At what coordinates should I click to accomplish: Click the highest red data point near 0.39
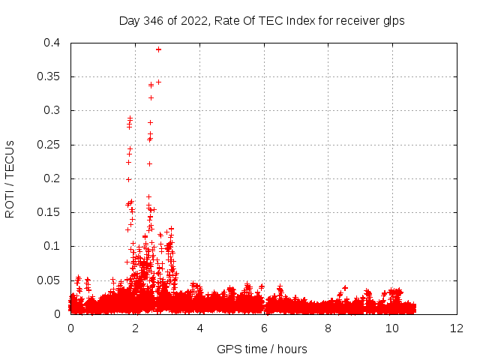[x=158, y=49]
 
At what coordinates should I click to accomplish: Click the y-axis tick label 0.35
[x=51, y=76]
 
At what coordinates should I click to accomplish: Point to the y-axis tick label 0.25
[x=51, y=145]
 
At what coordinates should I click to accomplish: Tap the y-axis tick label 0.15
[x=51, y=212]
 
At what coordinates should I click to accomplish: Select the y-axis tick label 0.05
[x=51, y=280]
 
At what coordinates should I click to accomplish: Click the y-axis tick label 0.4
[x=54, y=43]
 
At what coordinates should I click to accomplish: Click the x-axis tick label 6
[x=264, y=328]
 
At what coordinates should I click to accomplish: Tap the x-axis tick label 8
[x=328, y=328]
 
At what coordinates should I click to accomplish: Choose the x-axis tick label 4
[x=199, y=328]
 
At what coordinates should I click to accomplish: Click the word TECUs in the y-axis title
[x=10, y=160]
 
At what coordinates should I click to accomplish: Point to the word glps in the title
[x=393, y=21]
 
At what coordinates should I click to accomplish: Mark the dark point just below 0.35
[x=158, y=82]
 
